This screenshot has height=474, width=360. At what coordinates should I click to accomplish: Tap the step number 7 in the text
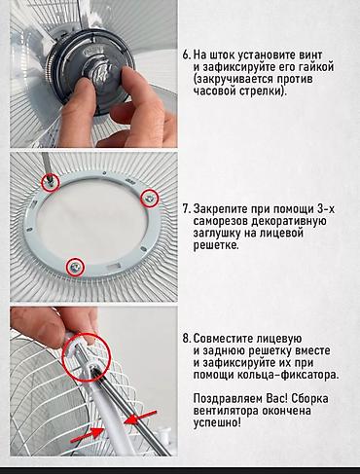(186, 209)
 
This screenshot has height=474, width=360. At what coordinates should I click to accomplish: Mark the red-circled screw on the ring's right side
(149, 198)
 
